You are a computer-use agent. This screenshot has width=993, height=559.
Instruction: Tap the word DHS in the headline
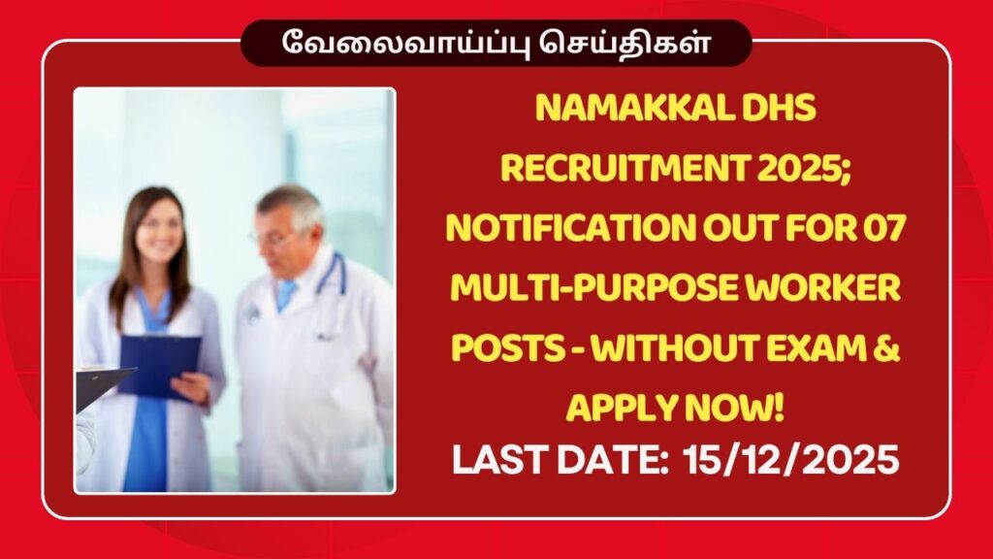[x=782, y=113]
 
